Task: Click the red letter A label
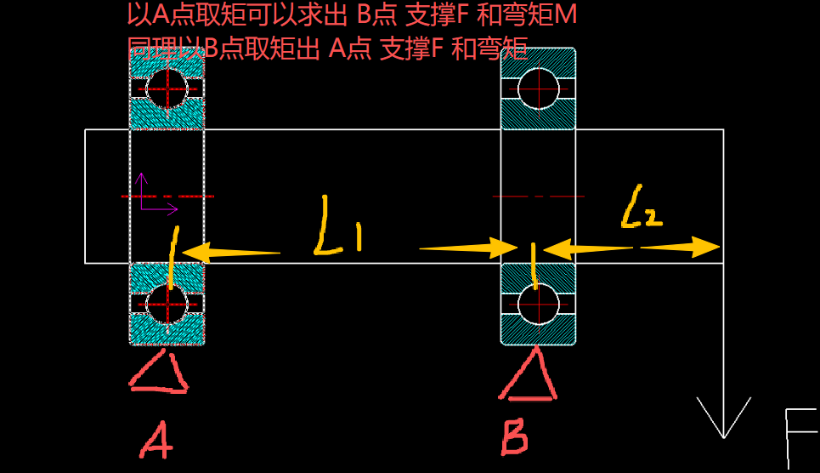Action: pos(158,441)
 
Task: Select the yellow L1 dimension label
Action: pos(337,226)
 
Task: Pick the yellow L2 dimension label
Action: pos(642,208)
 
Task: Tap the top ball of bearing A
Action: pos(167,87)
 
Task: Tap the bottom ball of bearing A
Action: pos(167,304)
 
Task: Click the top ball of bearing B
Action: pos(538,88)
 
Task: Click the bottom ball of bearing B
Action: pos(538,304)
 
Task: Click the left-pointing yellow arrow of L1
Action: pos(229,253)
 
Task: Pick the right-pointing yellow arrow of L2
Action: pos(680,247)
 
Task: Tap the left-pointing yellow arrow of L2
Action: pos(586,249)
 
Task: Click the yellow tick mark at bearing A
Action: pos(173,256)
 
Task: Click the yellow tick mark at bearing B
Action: pos(534,264)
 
